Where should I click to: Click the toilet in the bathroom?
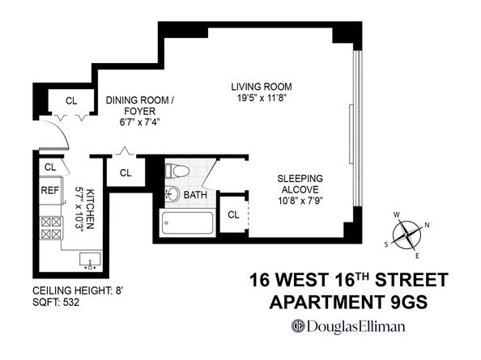click(x=177, y=171)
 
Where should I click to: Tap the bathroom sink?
click(x=172, y=193)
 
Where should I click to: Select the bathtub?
click(x=187, y=222)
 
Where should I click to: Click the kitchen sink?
click(x=90, y=260)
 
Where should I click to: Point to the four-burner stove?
click(x=51, y=228)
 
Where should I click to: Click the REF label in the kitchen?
click(x=49, y=191)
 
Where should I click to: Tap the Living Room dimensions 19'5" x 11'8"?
click(x=262, y=98)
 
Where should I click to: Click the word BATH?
click(x=195, y=195)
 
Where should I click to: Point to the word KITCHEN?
click(x=90, y=210)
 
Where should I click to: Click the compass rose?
click(x=407, y=235)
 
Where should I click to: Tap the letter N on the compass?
click(x=427, y=226)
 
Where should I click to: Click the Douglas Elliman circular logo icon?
click(x=298, y=326)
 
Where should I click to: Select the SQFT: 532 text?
click(x=56, y=303)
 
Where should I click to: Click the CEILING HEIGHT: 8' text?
click(x=78, y=290)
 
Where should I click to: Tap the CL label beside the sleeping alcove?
click(x=233, y=214)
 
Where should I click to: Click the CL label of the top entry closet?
click(x=71, y=101)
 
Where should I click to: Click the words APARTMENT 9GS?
click(x=348, y=302)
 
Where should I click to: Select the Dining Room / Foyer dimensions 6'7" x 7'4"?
click(x=139, y=122)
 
